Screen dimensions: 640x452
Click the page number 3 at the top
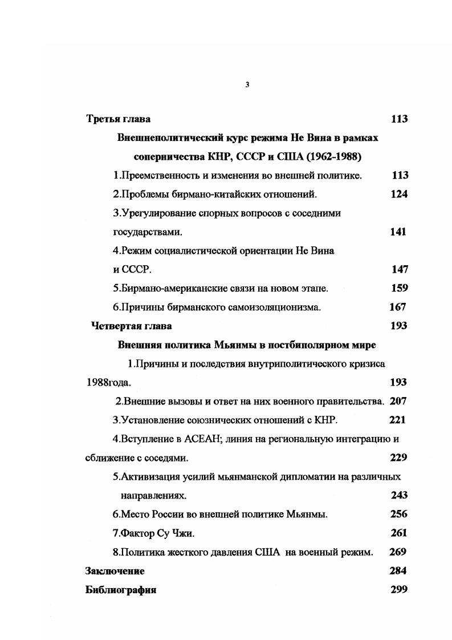pyautogui.click(x=247, y=85)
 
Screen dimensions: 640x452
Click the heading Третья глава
pyautogui.click(x=119, y=119)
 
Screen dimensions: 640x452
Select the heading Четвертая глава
pyautogui.click(x=132, y=326)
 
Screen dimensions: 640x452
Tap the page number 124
pyautogui.click(x=399, y=195)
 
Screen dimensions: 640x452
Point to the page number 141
pyautogui.click(x=398, y=232)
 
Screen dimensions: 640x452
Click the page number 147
pyautogui.click(x=400, y=270)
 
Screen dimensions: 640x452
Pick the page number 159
pyautogui.click(x=399, y=289)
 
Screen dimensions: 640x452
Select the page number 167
pyautogui.click(x=397, y=307)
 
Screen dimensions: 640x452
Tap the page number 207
pyautogui.click(x=398, y=402)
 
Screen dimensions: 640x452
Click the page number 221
pyautogui.click(x=397, y=420)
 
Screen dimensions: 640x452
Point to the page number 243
pyautogui.click(x=399, y=496)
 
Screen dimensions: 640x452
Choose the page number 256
pyautogui.click(x=398, y=515)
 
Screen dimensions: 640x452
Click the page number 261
pyautogui.click(x=399, y=533)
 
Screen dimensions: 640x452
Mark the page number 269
pyautogui.click(x=397, y=552)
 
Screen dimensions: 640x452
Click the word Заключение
pyautogui.click(x=115, y=571)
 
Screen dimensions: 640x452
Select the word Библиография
pyautogui.click(x=121, y=590)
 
